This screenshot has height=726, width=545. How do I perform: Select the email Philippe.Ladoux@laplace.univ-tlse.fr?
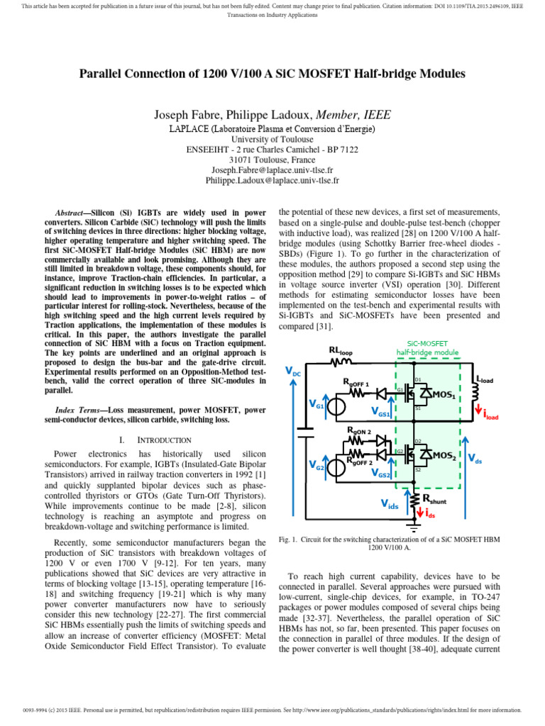272,181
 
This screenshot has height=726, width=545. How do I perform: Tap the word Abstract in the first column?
72,213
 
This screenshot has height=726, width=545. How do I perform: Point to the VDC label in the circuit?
292,371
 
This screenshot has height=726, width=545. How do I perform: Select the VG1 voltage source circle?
335,406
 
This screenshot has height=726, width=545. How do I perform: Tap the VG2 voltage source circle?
335,466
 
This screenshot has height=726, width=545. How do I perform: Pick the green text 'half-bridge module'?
426,352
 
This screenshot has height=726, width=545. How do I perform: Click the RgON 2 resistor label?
358,431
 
